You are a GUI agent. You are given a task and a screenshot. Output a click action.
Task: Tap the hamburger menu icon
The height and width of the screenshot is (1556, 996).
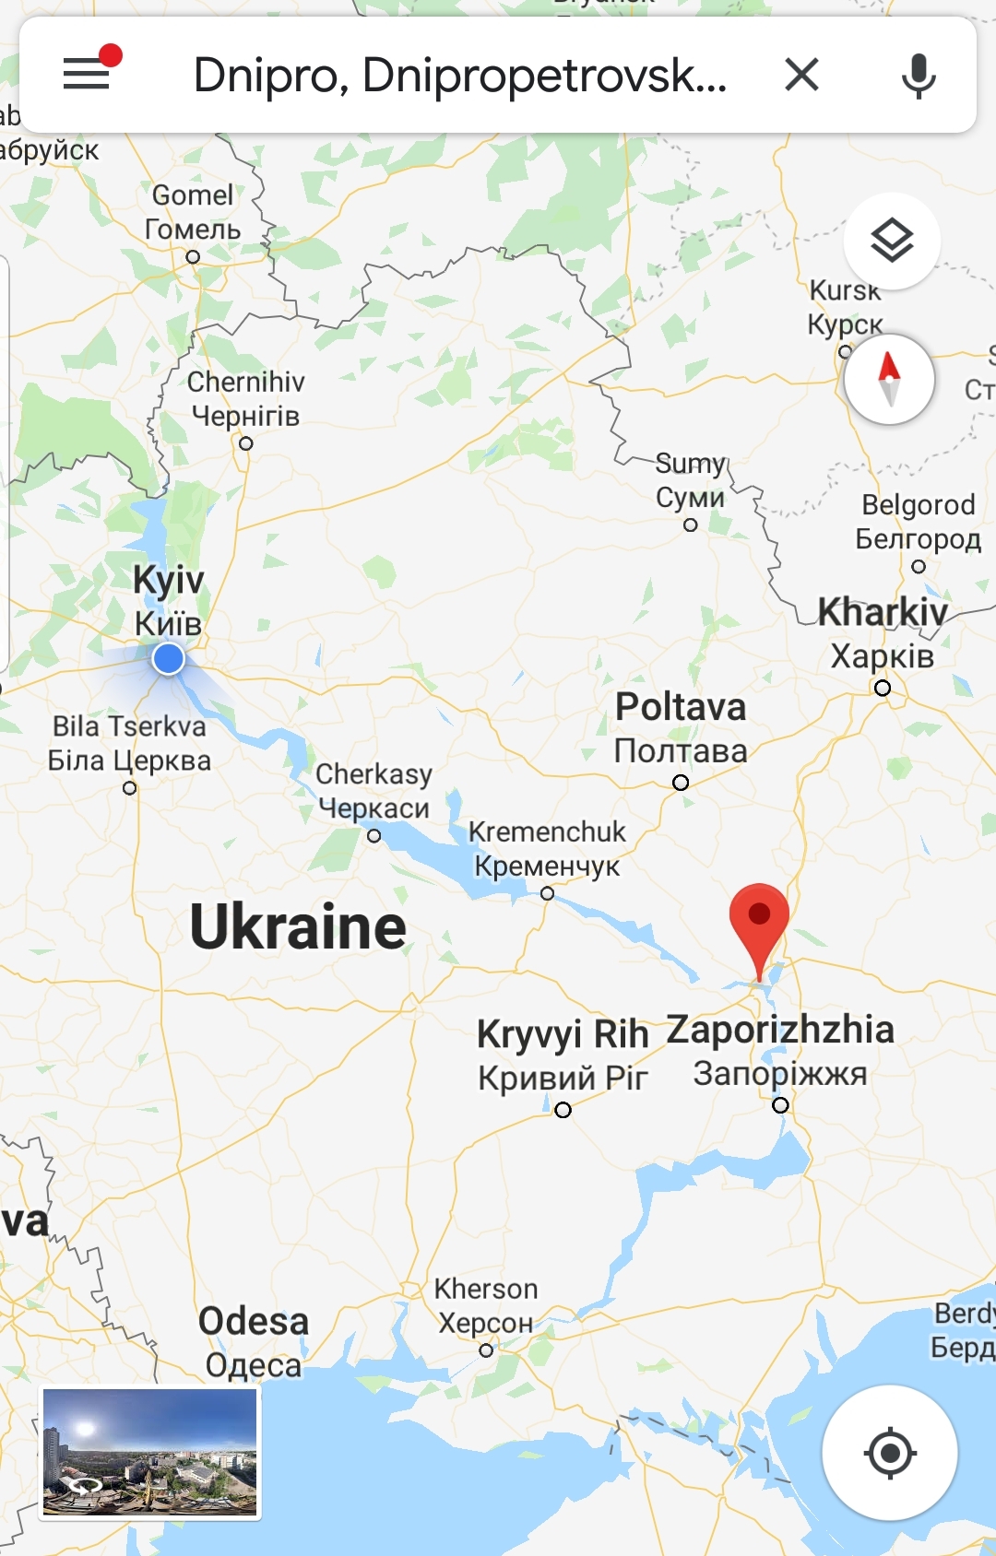pyautogui.click(x=87, y=73)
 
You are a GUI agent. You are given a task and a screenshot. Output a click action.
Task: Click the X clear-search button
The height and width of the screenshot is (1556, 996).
pyautogui.click(x=801, y=74)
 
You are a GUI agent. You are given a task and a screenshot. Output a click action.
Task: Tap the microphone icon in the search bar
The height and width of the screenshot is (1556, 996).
pyautogui.click(x=918, y=75)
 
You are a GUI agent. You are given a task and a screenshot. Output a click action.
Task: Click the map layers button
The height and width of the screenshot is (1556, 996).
pyautogui.click(x=891, y=242)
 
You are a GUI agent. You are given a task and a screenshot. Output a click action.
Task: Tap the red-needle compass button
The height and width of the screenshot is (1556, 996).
pyautogui.click(x=889, y=379)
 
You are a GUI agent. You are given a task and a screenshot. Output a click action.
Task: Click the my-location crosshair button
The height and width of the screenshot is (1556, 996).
pyautogui.click(x=889, y=1453)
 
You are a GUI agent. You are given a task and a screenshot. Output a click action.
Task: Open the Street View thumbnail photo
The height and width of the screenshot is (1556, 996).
pyautogui.click(x=149, y=1453)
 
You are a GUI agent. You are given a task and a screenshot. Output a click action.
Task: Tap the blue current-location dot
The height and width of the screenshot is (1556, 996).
pyautogui.click(x=168, y=659)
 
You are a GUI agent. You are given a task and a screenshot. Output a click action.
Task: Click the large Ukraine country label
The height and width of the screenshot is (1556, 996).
pyautogui.click(x=298, y=926)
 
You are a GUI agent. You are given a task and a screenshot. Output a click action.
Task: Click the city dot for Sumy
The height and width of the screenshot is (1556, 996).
pyautogui.click(x=691, y=525)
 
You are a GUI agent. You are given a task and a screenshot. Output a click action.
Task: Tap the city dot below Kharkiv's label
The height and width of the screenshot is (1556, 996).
pyautogui.click(x=883, y=689)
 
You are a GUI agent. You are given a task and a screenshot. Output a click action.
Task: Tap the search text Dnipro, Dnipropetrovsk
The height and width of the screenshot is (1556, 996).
pyautogui.click(x=459, y=75)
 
